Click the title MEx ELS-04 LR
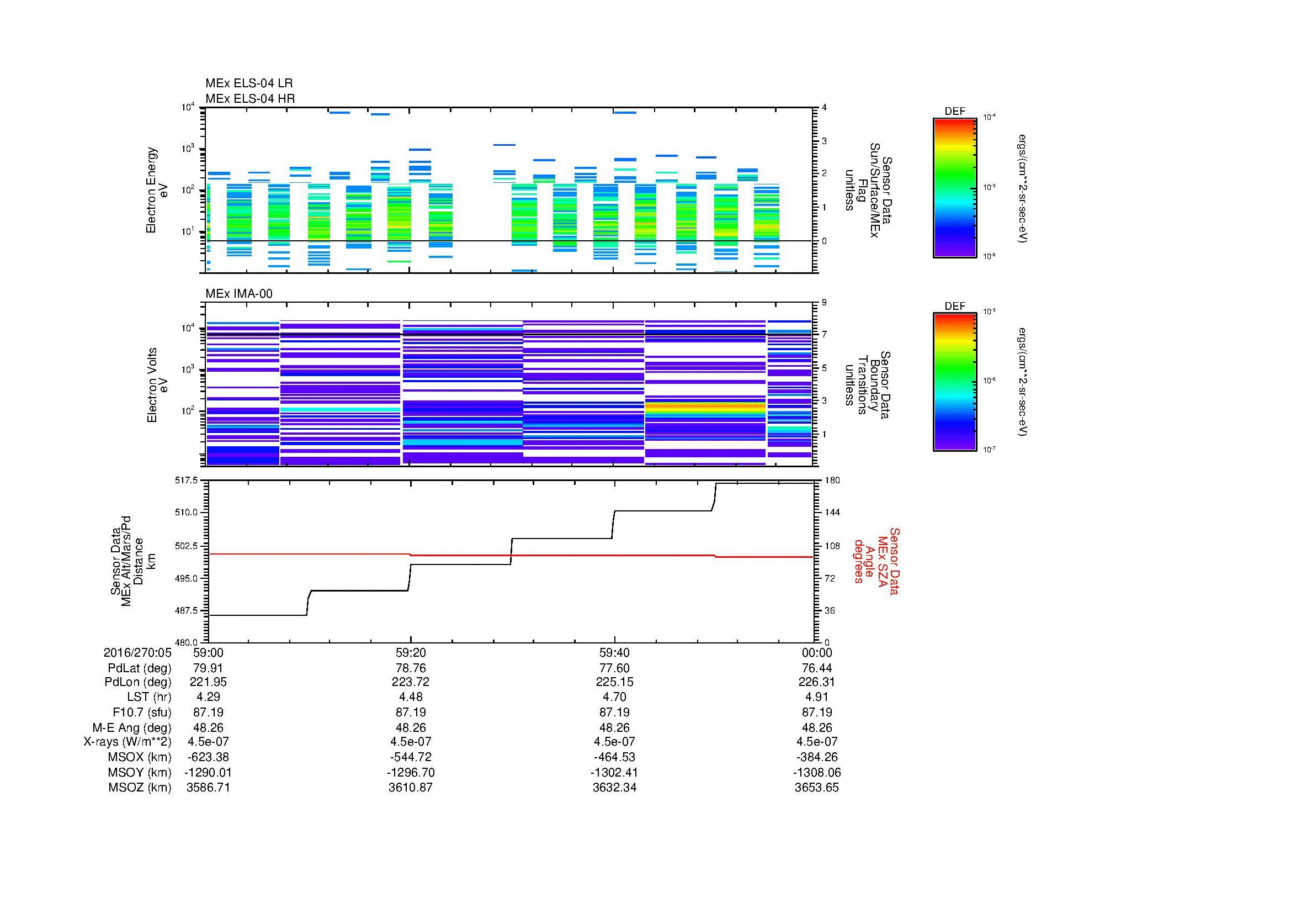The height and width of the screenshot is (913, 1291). [x=248, y=83]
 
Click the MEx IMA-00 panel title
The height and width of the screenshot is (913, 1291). [x=238, y=294]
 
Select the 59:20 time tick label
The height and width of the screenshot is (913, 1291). [x=411, y=652]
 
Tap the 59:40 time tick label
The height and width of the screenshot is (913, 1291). [x=614, y=652]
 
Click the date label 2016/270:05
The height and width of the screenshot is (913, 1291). [x=137, y=652]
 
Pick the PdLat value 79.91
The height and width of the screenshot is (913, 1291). [x=208, y=668]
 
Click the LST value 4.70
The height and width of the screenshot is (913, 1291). [x=614, y=697]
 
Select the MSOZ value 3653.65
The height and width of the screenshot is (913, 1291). [x=816, y=788]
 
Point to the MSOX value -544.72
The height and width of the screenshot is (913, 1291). [x=411, y=757]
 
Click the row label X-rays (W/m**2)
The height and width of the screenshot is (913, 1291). [x=127, y=742]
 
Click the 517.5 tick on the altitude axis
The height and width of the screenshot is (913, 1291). [x=187, y=481]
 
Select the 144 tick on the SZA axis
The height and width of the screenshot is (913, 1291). [x=832, y=513]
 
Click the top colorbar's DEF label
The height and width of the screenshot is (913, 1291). [x=954, y=112]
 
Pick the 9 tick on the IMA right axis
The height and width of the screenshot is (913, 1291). [x=824, y=303]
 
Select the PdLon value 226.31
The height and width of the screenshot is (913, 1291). [x=816, y=682]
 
